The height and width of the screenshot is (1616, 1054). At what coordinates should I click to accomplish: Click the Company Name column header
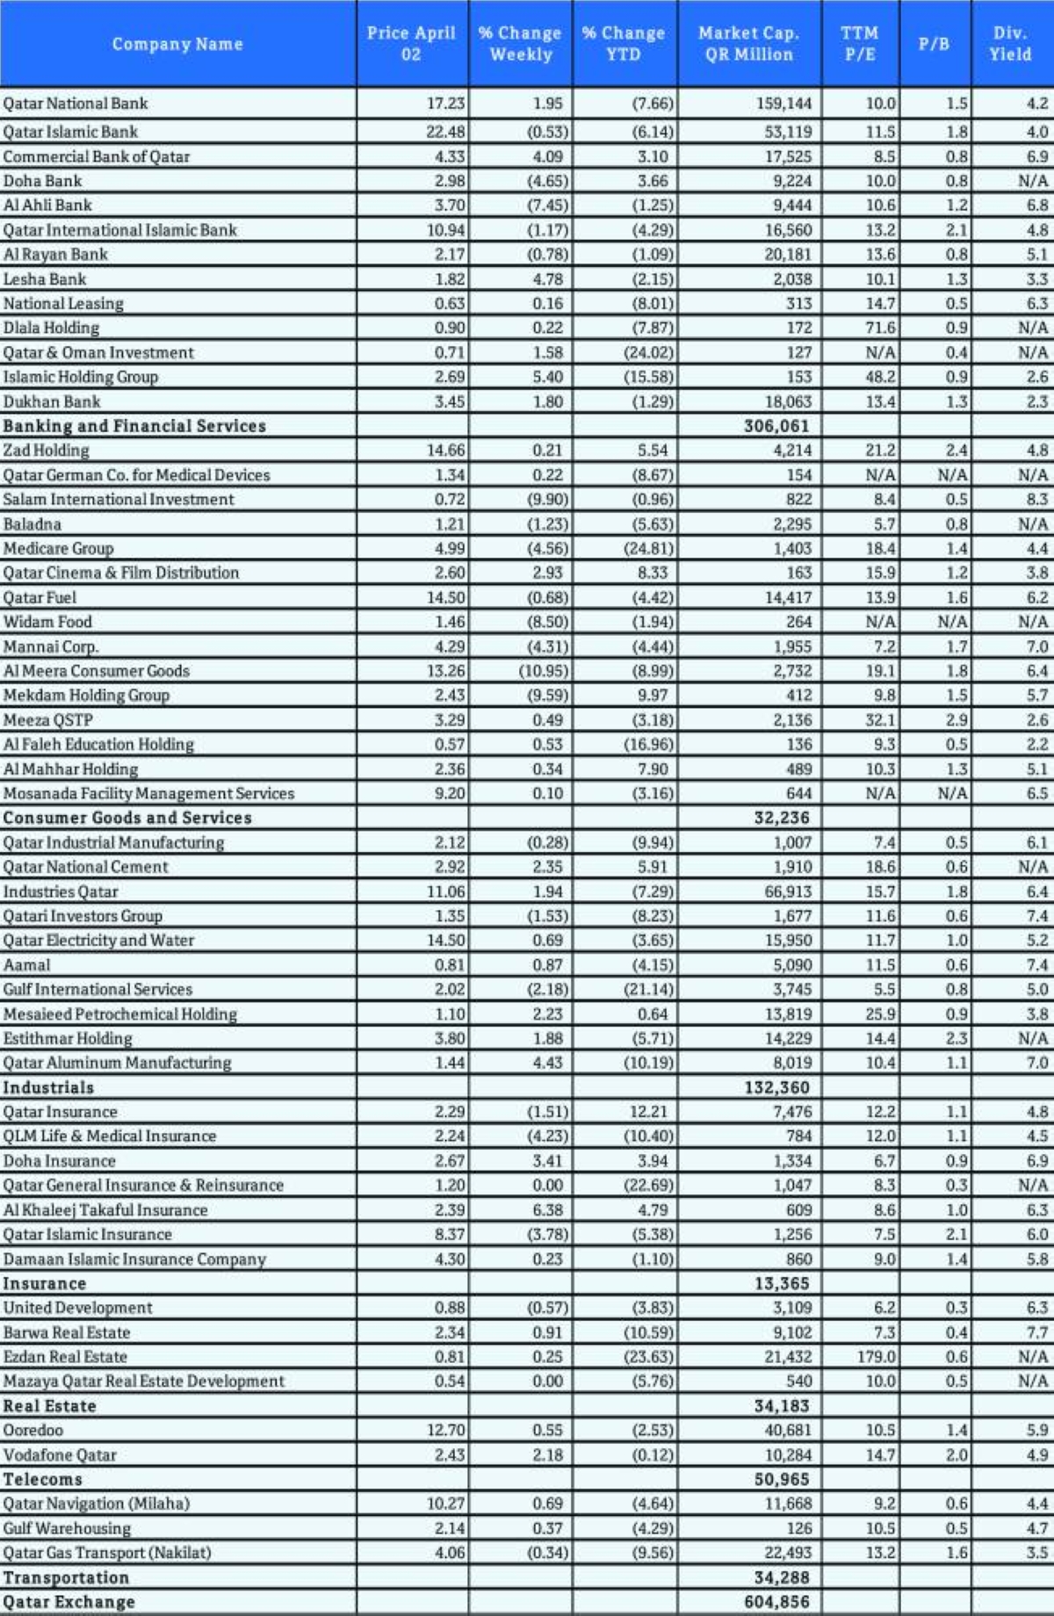[x=177, y=44]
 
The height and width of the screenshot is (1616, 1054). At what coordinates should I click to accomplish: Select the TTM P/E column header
[x=859, y=44]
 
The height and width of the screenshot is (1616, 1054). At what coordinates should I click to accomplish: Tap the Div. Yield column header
[x=1010, y=44]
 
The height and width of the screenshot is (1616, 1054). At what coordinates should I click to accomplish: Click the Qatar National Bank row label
[x=76, y=104]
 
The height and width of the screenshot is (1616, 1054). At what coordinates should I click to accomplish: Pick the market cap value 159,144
[x=783, y=104]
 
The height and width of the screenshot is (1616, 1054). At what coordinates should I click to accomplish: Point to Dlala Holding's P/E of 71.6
[x=880, y=328]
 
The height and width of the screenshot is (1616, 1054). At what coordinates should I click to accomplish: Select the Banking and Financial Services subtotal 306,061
[x=776, y=426]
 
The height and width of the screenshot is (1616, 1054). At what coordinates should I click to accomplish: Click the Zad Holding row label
[x=47, y=451]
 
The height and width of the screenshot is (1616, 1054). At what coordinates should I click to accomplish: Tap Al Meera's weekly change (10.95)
[x=543, y=671]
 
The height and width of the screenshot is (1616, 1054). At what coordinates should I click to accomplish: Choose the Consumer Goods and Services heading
[x=127, y=818]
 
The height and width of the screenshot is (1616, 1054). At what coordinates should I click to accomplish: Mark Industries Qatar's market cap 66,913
[x=788, y=891]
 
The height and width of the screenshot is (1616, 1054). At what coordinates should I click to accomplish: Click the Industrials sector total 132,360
[x=776, y=1087]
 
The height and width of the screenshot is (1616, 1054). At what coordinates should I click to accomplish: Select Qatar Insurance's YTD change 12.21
[x=652, y=1112]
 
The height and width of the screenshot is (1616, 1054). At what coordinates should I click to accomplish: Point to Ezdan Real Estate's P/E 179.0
[x=877, y=1357]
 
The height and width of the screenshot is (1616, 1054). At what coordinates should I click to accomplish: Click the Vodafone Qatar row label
[x=60, y=1455]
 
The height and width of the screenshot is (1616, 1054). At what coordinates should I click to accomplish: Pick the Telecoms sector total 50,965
[x=782, y=1479]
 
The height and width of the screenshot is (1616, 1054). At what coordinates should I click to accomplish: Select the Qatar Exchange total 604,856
[x=776, y=1601]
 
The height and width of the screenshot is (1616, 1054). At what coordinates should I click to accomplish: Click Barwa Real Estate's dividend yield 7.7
[x=1036, y=1332]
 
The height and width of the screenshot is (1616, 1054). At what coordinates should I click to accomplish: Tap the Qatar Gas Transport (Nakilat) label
[x=107, y=1553]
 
